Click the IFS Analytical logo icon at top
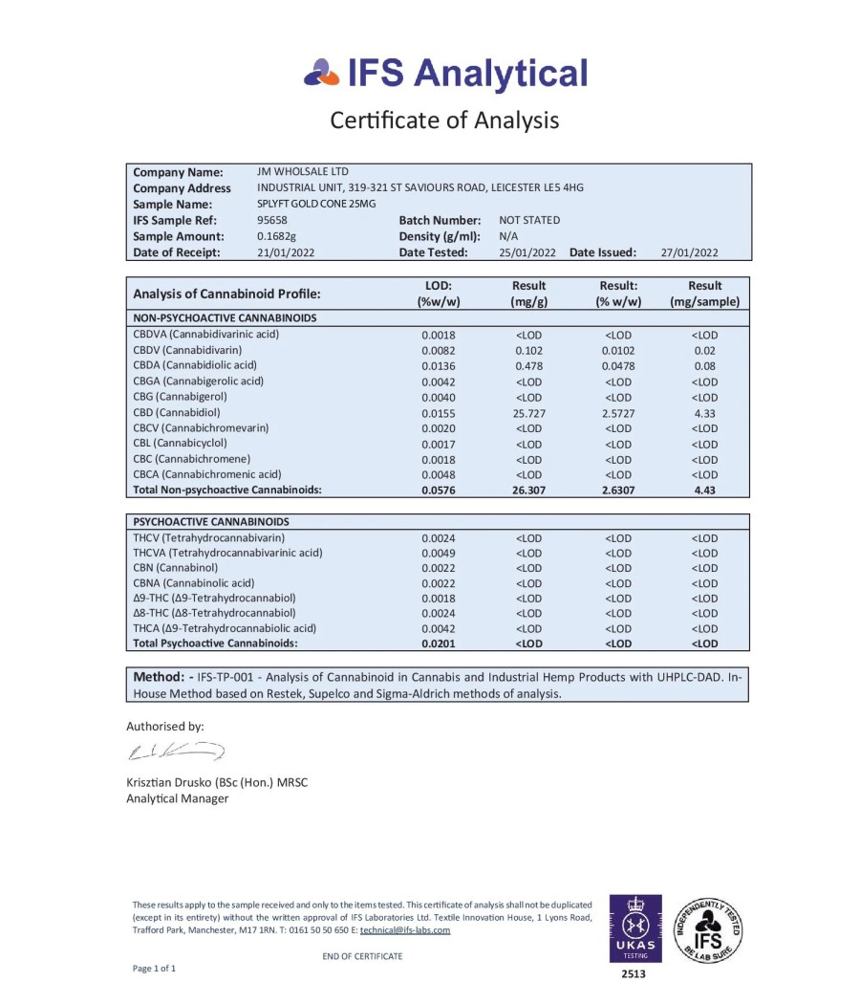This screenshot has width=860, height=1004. pos(321,72)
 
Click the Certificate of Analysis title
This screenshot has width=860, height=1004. pos(444,120)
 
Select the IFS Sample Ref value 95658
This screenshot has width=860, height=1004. pos(272,220)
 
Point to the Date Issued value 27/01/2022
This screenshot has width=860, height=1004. pos(689,252)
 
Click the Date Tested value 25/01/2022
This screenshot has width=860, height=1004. pos(527,252)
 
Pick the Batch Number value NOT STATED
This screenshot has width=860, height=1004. pos(529,220)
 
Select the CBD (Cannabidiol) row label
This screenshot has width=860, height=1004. pos(180,412)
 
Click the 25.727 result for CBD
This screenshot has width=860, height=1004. pos(528,413)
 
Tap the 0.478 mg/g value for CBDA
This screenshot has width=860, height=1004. pos(528,366)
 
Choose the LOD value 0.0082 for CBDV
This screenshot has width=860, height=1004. pos(439,351)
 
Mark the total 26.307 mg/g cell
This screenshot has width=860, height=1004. pos(528,490)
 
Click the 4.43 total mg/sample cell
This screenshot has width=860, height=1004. pos(704,490)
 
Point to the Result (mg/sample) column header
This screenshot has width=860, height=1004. pos(704,294)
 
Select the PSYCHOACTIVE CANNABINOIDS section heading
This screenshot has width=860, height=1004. pos(212,522)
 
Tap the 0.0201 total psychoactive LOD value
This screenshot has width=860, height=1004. pos(439,644)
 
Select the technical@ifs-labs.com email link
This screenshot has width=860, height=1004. pos(405,929)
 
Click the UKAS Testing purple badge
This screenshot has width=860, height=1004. pos(634,928)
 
